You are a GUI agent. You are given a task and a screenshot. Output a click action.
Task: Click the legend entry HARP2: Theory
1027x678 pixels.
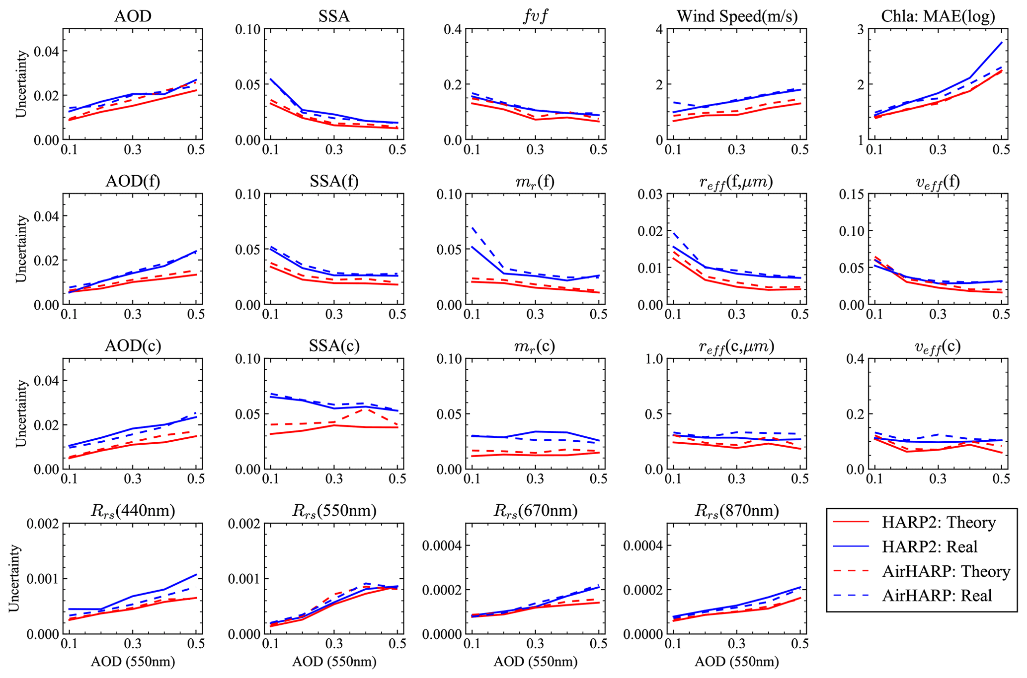pos(939,523)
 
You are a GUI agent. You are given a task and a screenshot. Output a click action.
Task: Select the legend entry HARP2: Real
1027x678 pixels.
pos(930,547)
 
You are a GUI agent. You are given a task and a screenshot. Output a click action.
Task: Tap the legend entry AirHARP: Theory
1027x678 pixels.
pos(946,571)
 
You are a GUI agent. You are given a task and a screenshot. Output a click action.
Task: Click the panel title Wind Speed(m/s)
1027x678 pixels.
pos(737,17)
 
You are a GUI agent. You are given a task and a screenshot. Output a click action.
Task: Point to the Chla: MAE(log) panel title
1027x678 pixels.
pos(938,17)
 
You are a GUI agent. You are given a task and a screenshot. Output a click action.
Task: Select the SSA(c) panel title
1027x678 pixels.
pos(334,346)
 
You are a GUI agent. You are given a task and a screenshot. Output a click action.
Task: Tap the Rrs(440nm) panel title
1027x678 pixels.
pos(133,511)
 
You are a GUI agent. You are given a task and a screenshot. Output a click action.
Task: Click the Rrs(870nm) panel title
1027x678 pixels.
pos(737,511)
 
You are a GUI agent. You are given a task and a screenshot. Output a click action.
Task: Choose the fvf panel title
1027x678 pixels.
pos(536,17)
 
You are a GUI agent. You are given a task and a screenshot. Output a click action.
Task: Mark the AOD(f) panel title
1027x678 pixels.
pos(133,181)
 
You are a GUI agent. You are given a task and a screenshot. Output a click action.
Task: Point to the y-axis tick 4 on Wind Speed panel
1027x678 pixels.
pos(659,29)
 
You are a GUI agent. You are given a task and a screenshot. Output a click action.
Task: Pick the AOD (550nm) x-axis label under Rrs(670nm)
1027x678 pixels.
pos(536,662)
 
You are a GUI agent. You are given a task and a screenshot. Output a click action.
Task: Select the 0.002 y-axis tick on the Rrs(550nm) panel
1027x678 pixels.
pos(244,524)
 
